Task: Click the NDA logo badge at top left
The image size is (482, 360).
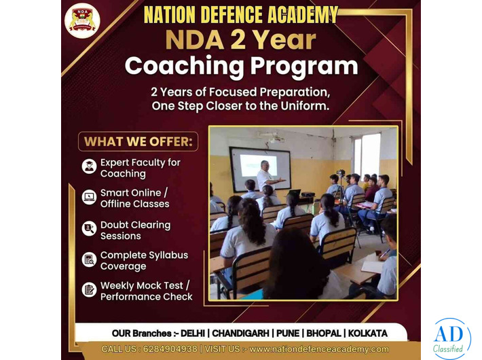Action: click(82, 20)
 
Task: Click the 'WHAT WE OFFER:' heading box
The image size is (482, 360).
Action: click(138, 142)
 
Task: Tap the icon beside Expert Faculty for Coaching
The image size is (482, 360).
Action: click(89, 167)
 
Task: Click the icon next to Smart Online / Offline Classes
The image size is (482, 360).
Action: click(89, 198)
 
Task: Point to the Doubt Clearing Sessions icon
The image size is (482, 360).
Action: click(89, 229)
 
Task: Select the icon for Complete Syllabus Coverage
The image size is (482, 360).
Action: click(89, 259)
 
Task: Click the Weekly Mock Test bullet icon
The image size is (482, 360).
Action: click(89, 290)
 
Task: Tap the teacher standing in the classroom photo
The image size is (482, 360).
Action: click(265, 176)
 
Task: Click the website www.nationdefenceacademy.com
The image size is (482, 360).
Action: click(319, 349)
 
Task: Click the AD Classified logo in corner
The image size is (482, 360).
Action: click(449, 338)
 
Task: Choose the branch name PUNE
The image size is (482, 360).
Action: click(286, 334)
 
